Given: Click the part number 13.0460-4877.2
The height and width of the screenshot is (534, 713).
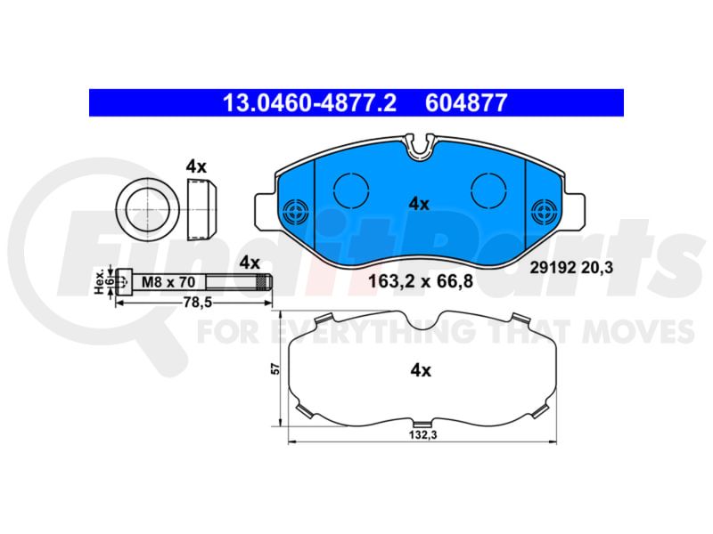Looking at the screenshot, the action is pyautogui.click(x=309, y=103).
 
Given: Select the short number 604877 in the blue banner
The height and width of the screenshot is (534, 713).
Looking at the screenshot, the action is pyautogui.click(x=466, y=103).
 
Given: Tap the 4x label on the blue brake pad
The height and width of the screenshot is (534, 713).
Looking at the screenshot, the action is pyautogui.click(x=419, y=204).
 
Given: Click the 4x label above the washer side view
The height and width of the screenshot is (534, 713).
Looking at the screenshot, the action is pyautogui.click(x=196, y=167).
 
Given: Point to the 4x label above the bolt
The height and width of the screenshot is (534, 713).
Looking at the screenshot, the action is pyautogui.click(x=250, y=263).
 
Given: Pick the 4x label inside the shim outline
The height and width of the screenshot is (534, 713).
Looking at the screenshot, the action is pyautogui.click(x=421, y=370).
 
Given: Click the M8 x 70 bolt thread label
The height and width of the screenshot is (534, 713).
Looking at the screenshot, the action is pyautogui.click(x=168, y=282).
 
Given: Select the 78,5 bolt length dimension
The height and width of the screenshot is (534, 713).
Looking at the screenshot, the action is pyautogui.click(x=198, y=303).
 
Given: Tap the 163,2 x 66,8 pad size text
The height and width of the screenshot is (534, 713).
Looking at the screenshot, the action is pyautogui.click(x=421, y=281).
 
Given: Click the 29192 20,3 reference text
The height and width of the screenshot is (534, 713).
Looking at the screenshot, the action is pyautogui.click(x=571, y=268).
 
